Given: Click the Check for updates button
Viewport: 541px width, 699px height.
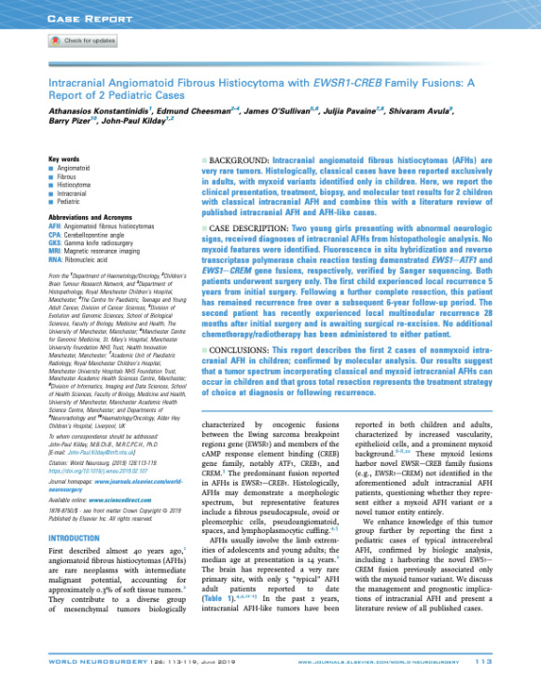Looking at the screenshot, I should click(x=81, y=41).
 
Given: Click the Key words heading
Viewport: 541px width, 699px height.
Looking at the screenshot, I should click(x=62, y=159).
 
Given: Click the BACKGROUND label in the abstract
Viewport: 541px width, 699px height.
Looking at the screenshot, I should click(x=244, y=161).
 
